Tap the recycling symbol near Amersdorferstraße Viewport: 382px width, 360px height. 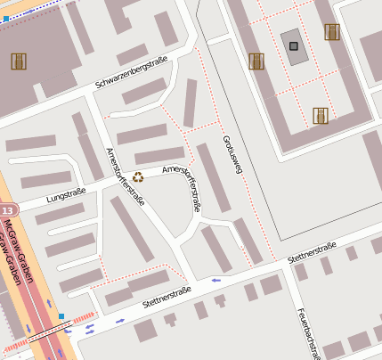pyautogui.click(x=138, y=176)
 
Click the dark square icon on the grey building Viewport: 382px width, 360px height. pyautogui.click(x=293, y=45)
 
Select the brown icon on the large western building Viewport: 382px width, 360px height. pyautogui.click(x=18, y=61)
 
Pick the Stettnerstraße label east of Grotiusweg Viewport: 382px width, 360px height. pyautogui.click(x=312, y=252)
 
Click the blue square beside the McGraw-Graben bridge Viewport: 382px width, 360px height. pyautogui.click(x=61, y=315)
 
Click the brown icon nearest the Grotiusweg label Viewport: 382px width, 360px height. pyautogui.click(x=256, y=61)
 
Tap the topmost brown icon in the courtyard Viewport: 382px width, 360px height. pyautogui.click(x=332, y=32)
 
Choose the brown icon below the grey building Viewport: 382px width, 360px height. pyautogui.click(x=321, y=115)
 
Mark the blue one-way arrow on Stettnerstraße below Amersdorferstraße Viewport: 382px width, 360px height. pyautogui.click(x=215, y=280)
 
